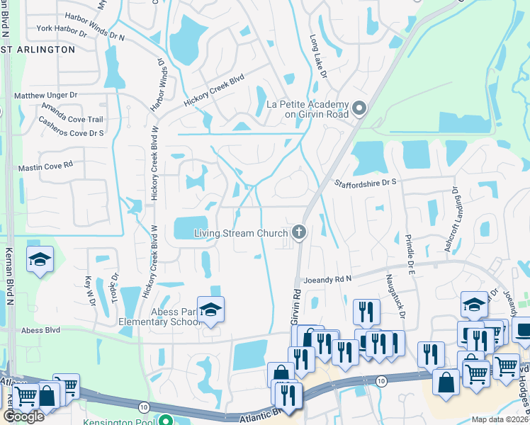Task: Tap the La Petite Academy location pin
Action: point(359,108)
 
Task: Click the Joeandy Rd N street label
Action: point(327,279)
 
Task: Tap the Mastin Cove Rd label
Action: point(45,165)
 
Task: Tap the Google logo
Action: point(23,416)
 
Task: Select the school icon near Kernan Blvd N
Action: point(40,260)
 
